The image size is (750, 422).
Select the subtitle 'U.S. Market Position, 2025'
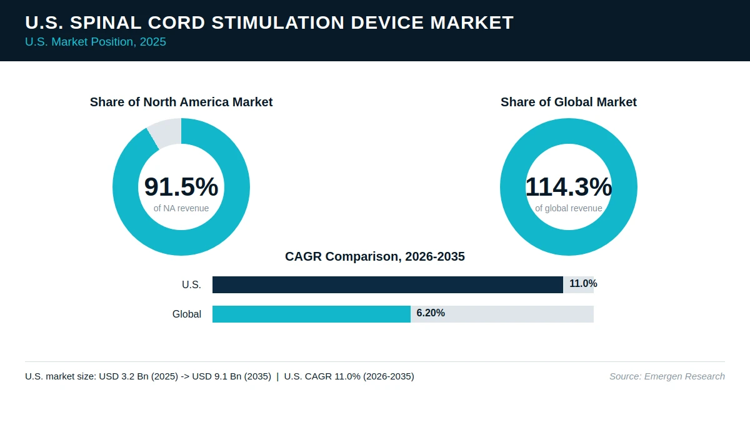(x=96, y=42)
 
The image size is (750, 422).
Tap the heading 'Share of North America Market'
(x=181, y=102)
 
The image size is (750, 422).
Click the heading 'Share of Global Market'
(x=569, y=102)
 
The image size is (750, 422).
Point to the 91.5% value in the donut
(x=181, y=186)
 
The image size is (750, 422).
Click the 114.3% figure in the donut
(x=569, y=186)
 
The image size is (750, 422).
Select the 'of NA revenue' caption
(x=181, y=208)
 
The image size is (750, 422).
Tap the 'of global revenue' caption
(x=569, y=208)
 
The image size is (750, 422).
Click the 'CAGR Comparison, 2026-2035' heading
(x=374, y=256)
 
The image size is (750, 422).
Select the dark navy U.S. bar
(x=387, y=284)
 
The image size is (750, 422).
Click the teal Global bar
(x=311, y=314)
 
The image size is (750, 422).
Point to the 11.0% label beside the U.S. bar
(x=583, y=284)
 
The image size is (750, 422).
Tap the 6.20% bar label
(x=431, y=313)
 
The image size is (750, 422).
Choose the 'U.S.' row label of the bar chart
(x=191, y=284)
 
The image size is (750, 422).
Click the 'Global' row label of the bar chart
(x=187, y=314)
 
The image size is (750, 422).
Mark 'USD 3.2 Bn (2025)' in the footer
(x=139, y=376)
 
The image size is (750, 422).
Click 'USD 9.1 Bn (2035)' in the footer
(x=232, y=376)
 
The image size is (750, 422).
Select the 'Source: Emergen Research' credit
(x=667, y=376)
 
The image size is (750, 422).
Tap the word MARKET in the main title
(x=471, y=23)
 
